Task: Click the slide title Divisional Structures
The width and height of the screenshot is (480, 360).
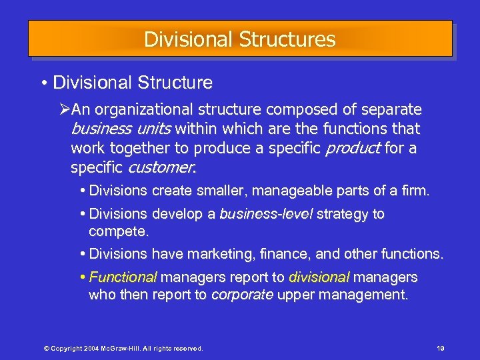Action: pyautogui.click(x=239, y=39)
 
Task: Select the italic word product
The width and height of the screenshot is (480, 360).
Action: pyautogui.click(x=350, y=148)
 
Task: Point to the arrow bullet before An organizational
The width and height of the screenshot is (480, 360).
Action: pyautogui.click(x=65, y=109)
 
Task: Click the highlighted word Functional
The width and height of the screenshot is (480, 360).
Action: pyautogui.click(x=123, y=277)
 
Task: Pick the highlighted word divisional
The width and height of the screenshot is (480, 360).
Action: pyautogui.click(x=319, y=277)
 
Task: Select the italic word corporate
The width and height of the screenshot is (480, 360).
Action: pyautogui.click(x=242, y=295)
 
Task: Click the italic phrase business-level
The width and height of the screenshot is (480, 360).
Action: pyautogui.click(x=266, y=214)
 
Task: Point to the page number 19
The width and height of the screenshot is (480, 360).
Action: pyautogui.click(x=440, y=349)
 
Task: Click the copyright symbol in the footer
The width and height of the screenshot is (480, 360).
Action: pyautogui.click(x=46, y=349)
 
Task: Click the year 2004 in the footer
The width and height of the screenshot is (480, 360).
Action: pyautogui.click(x=83, y=349)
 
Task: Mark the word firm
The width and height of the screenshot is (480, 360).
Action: pyautogui.click(x=415, y=191)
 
